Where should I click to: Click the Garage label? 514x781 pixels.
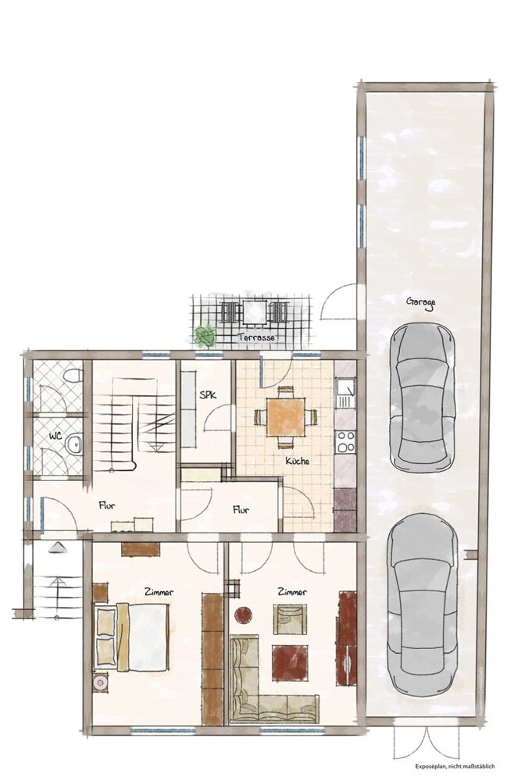click(x=421, y=302)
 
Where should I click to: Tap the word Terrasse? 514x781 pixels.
click(x=257, y=337)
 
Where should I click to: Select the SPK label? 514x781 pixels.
click(x=208, y=395)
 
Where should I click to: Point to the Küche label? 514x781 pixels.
click(x=298, y=461)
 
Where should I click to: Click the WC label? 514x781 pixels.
click(x=55, y=436)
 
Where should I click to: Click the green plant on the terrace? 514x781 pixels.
click(x=204, y=335)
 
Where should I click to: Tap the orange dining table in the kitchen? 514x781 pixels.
click(x=285, y=416)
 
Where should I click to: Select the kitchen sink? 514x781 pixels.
click(x=345, y=393)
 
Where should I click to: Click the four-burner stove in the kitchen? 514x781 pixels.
click(x=345, y=441)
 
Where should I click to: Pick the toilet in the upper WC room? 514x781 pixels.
click(x=73, y=375)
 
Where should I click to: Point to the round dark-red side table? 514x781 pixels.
click(x=244, y=615)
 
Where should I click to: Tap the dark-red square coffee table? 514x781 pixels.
click(x=290, y=662)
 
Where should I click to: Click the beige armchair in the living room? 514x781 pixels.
click(x=290, y=619)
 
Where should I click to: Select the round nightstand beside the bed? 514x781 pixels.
click(x=100, y=682)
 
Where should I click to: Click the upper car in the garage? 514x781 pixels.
click(x=423, y=398)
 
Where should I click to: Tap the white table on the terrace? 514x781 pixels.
click(x=255, y=311)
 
